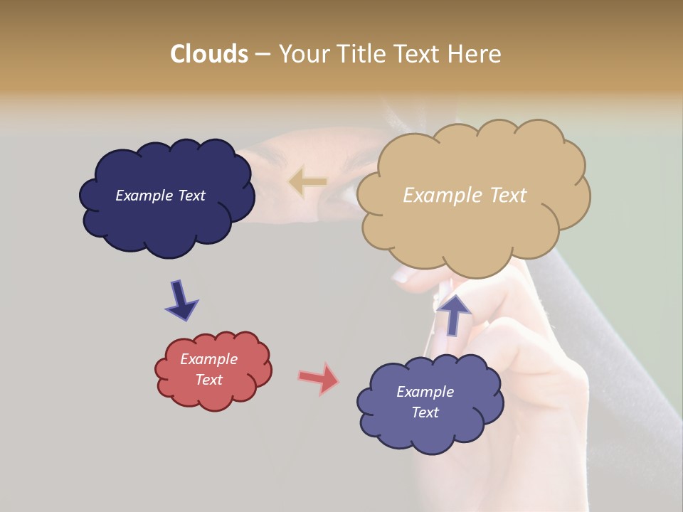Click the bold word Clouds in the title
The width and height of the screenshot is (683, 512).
point(208,54)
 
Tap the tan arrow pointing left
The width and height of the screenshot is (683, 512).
point(307,181)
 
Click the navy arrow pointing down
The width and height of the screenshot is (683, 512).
point(181,299)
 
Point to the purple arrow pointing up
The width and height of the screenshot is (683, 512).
point(453,314)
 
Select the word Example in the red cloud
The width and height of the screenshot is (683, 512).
point(208,359)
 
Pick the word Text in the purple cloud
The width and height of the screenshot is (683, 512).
point(425,412)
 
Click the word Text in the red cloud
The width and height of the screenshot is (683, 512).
point(208,380)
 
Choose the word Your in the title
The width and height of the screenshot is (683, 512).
point(301,54)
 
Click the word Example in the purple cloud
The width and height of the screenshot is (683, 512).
point(425,392)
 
